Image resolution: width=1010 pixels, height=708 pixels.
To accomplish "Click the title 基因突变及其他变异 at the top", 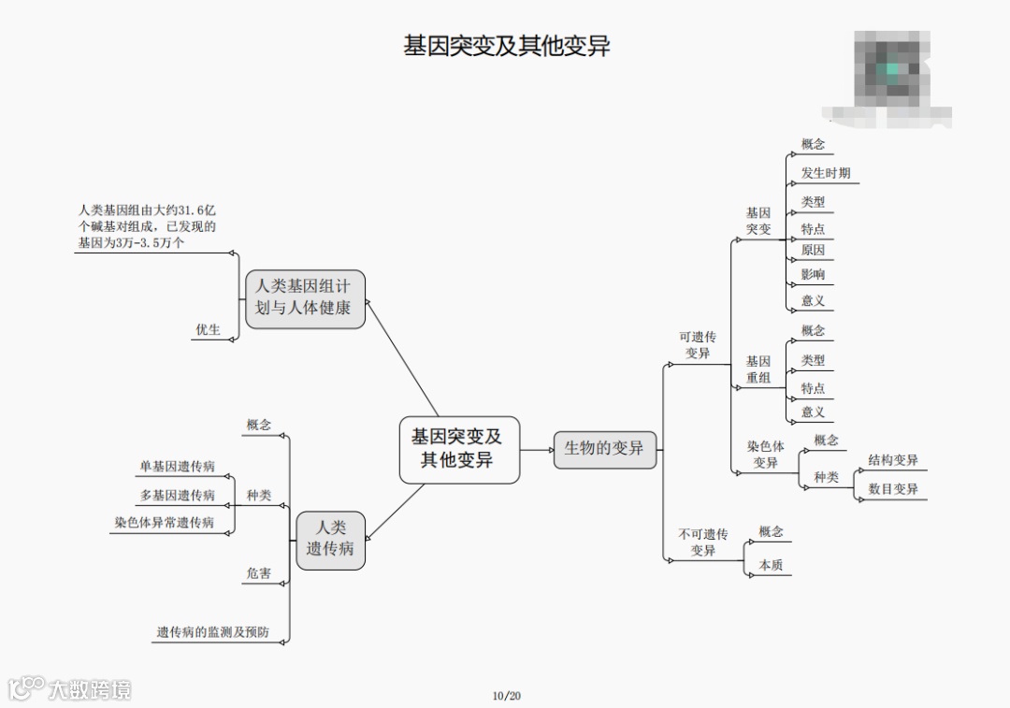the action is [x=506, y=46].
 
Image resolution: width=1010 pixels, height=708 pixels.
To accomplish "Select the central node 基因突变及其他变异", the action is [x=458, y=449].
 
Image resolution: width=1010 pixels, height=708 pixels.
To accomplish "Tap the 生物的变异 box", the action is [x=604, y=449].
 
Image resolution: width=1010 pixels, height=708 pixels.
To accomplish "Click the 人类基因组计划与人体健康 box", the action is [x=304, y=298].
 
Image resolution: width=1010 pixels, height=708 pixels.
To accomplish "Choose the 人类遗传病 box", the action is [x=330, y=539].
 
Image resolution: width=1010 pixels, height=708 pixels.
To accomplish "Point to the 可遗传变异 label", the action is [x=698, y=345].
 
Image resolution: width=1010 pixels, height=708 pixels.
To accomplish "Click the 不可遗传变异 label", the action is [x=703, y=542].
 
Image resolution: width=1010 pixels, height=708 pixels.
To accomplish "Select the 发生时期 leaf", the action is [x=826, y=174].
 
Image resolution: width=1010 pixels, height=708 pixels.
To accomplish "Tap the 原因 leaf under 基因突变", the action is [x=813, y=251].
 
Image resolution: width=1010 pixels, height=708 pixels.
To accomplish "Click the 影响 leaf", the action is [x=813, y=275].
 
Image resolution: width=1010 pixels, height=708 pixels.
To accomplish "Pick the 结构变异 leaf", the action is [x=893, y=460].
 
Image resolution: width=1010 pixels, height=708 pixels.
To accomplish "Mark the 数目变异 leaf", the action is [x=893, y=489].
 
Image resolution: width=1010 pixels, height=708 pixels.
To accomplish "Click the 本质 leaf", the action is [x=771, y=565].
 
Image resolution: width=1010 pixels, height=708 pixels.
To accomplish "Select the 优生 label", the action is [x=208, y=330].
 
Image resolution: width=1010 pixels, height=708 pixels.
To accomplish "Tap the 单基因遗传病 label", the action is [x=177, y=467].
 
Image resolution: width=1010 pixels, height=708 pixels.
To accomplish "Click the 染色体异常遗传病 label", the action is [x=165, y=523].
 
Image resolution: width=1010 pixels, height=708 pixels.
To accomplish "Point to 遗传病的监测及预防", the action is [x=212, y=632].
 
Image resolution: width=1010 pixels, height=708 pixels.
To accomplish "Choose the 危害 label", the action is [x=259, y=573].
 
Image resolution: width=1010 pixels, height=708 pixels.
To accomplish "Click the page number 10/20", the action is [x=506, y=695].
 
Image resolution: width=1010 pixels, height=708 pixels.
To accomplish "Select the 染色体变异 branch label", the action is [x=765, y=455].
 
